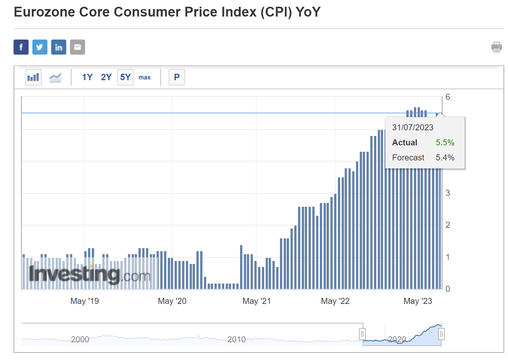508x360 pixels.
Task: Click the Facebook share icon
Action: point(21,47)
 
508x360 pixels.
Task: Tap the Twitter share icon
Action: point(40,47)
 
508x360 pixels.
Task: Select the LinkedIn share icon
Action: point(59,47)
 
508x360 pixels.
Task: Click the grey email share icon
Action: point(78,47)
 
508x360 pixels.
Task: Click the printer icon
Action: point(496,47)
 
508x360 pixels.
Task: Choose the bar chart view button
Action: point(33,77)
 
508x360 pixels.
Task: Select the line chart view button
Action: point(55,78)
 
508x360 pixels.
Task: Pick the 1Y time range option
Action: point(87,77)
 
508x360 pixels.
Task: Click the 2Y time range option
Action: point(106,77)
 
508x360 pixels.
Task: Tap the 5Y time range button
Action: point(125,77)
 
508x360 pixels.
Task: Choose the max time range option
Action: point(144,78)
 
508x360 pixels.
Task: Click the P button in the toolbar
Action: point(177,77)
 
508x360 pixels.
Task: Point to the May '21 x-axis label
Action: point(257,301)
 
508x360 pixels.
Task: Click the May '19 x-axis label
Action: point(85,301)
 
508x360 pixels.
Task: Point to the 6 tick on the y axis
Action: point(448,97)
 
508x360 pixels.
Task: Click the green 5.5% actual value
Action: point(445,143)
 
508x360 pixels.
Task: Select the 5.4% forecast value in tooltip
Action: point(445,158)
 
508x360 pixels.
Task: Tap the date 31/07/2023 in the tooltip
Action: point(412,128)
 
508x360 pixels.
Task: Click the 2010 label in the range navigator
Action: point(236,339)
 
